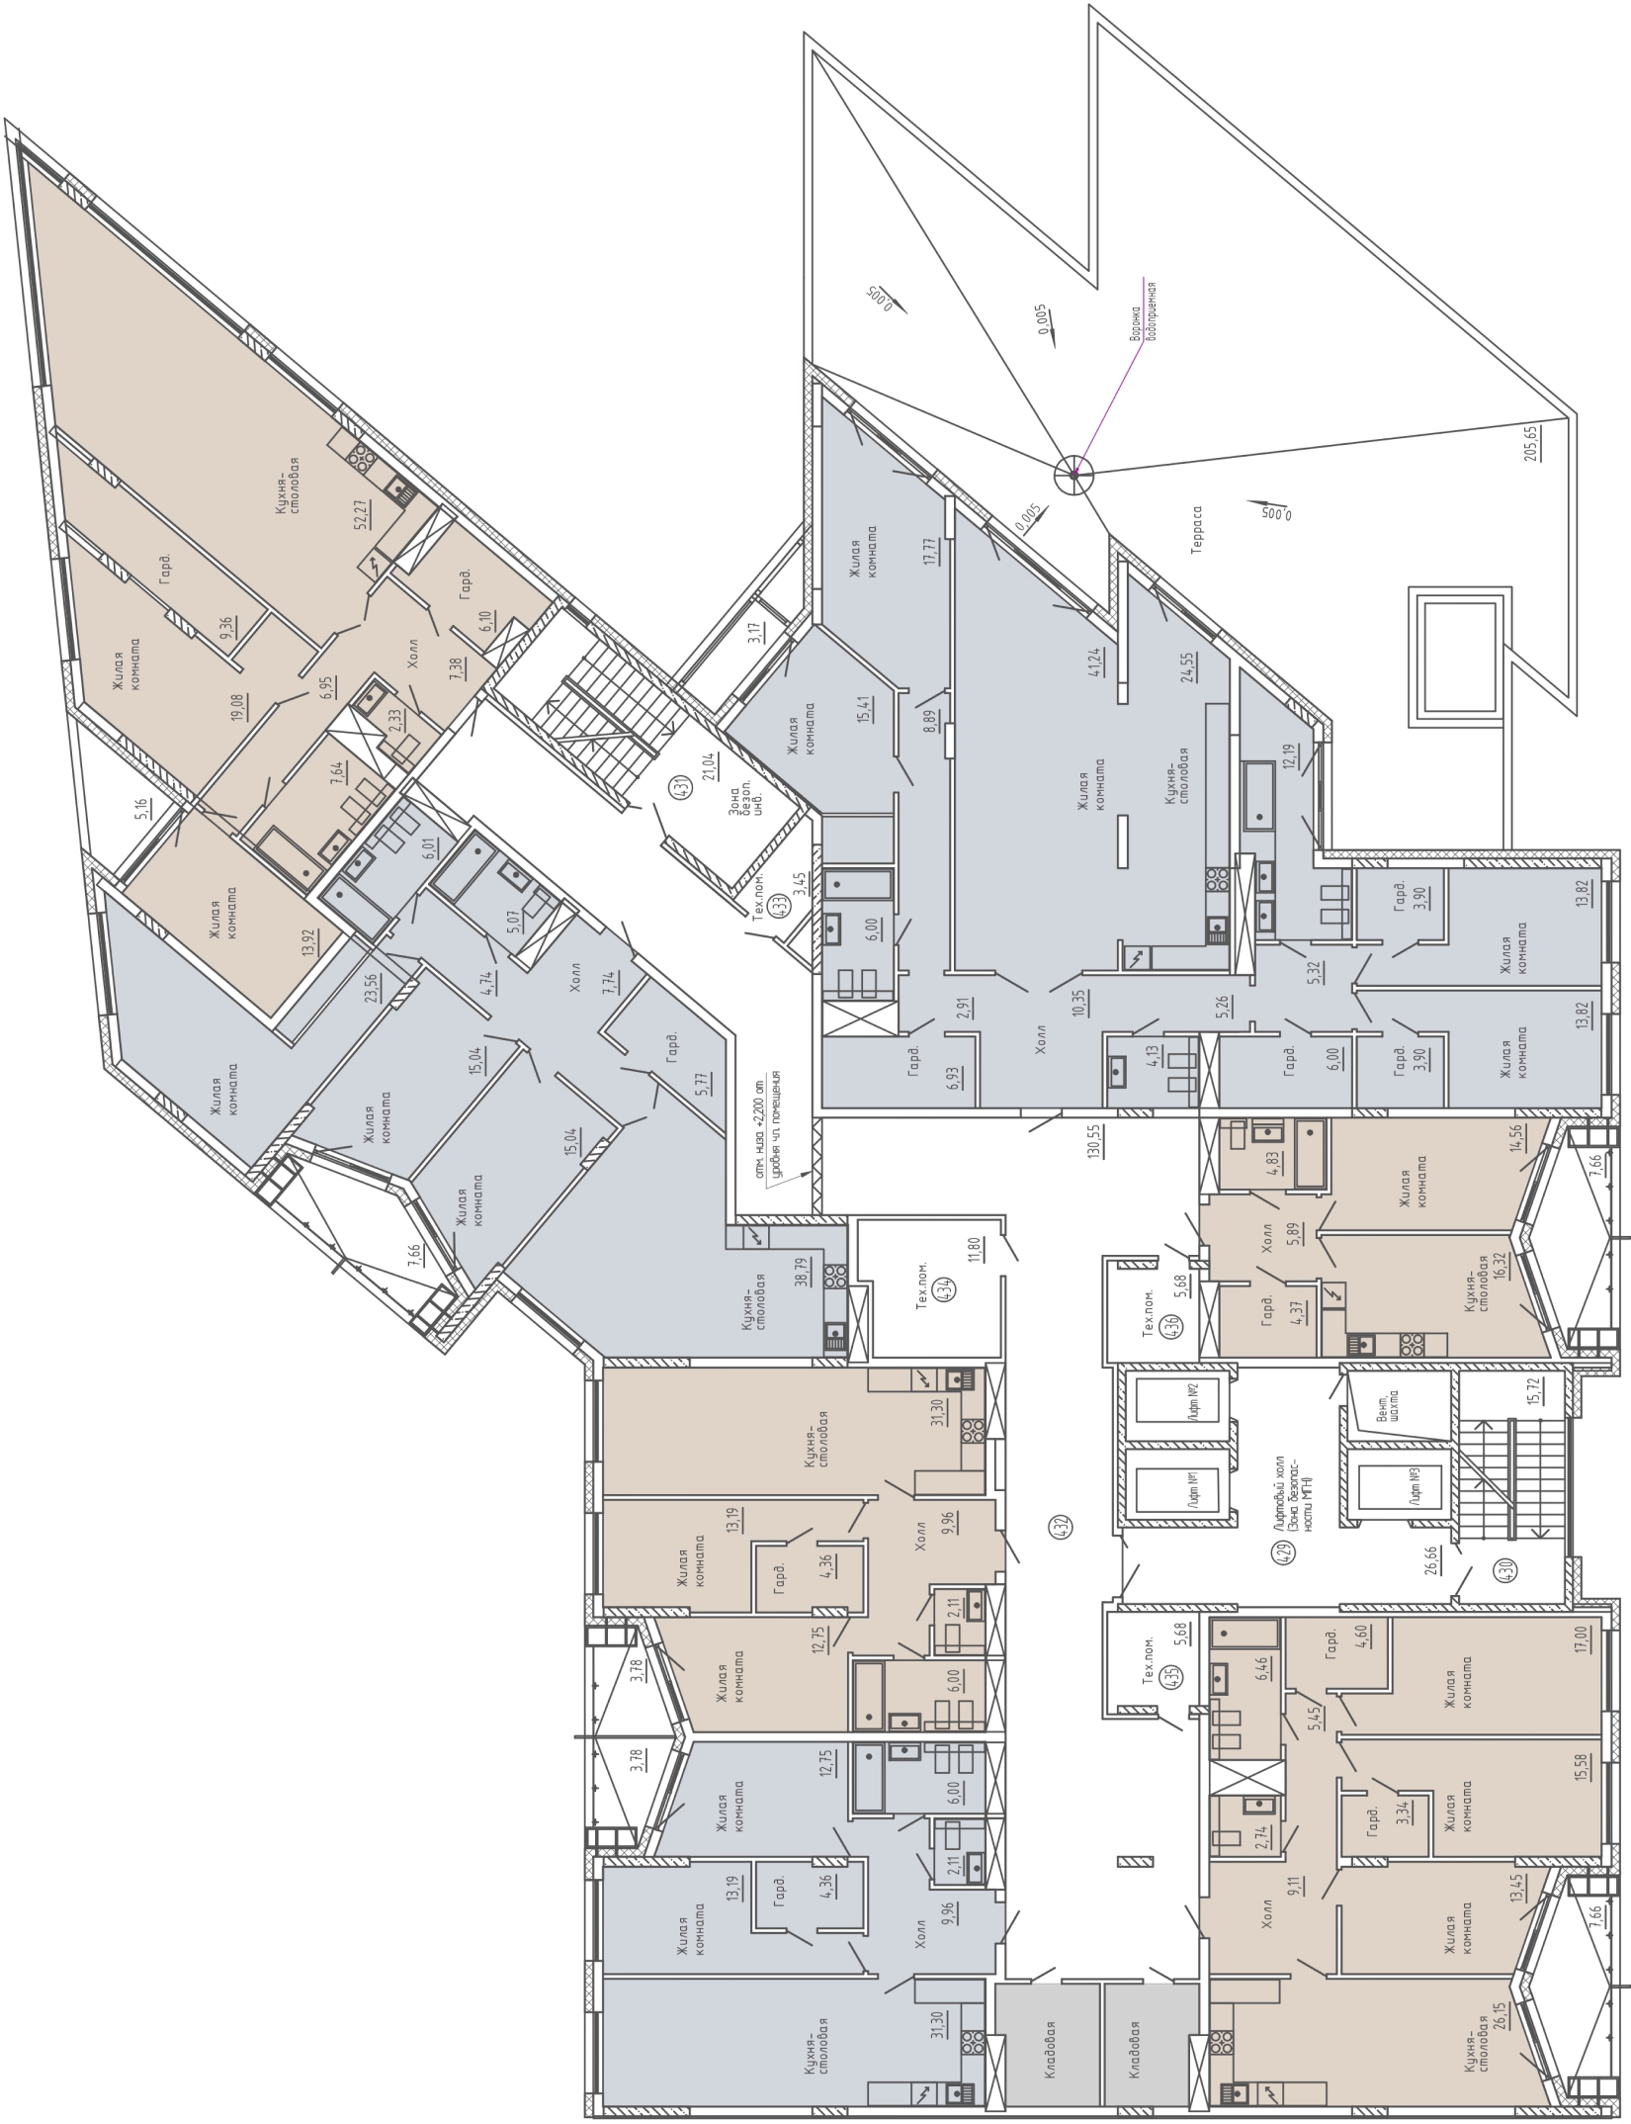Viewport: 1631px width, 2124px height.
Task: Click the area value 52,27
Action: (x=362, y=514)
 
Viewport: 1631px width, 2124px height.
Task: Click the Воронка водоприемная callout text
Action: (x=1144, y=310)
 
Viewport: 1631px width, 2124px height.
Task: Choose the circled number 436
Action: (x=1172, y=1324)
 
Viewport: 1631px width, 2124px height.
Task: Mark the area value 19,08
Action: (x=238, y=708)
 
